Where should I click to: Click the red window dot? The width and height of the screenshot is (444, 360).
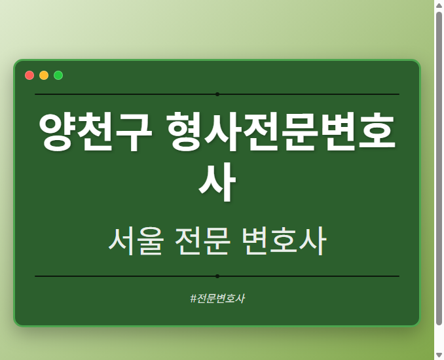[29, 75]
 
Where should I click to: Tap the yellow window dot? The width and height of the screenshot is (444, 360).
[44, 75]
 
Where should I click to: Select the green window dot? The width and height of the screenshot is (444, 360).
[58, 75]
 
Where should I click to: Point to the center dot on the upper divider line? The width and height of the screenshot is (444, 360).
[217, 94]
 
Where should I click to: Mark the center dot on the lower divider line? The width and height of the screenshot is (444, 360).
[217, 276]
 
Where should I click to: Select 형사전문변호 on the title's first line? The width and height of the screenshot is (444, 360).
[282, 133]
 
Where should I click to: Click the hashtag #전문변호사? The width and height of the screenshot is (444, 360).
[217, 298]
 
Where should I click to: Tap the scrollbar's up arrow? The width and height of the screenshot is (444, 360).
[439, 5]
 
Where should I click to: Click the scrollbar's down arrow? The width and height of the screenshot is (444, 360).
[439, 355]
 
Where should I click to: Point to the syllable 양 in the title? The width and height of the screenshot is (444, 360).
[57, 133]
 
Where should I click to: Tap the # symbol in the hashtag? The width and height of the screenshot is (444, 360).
[193, 298]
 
